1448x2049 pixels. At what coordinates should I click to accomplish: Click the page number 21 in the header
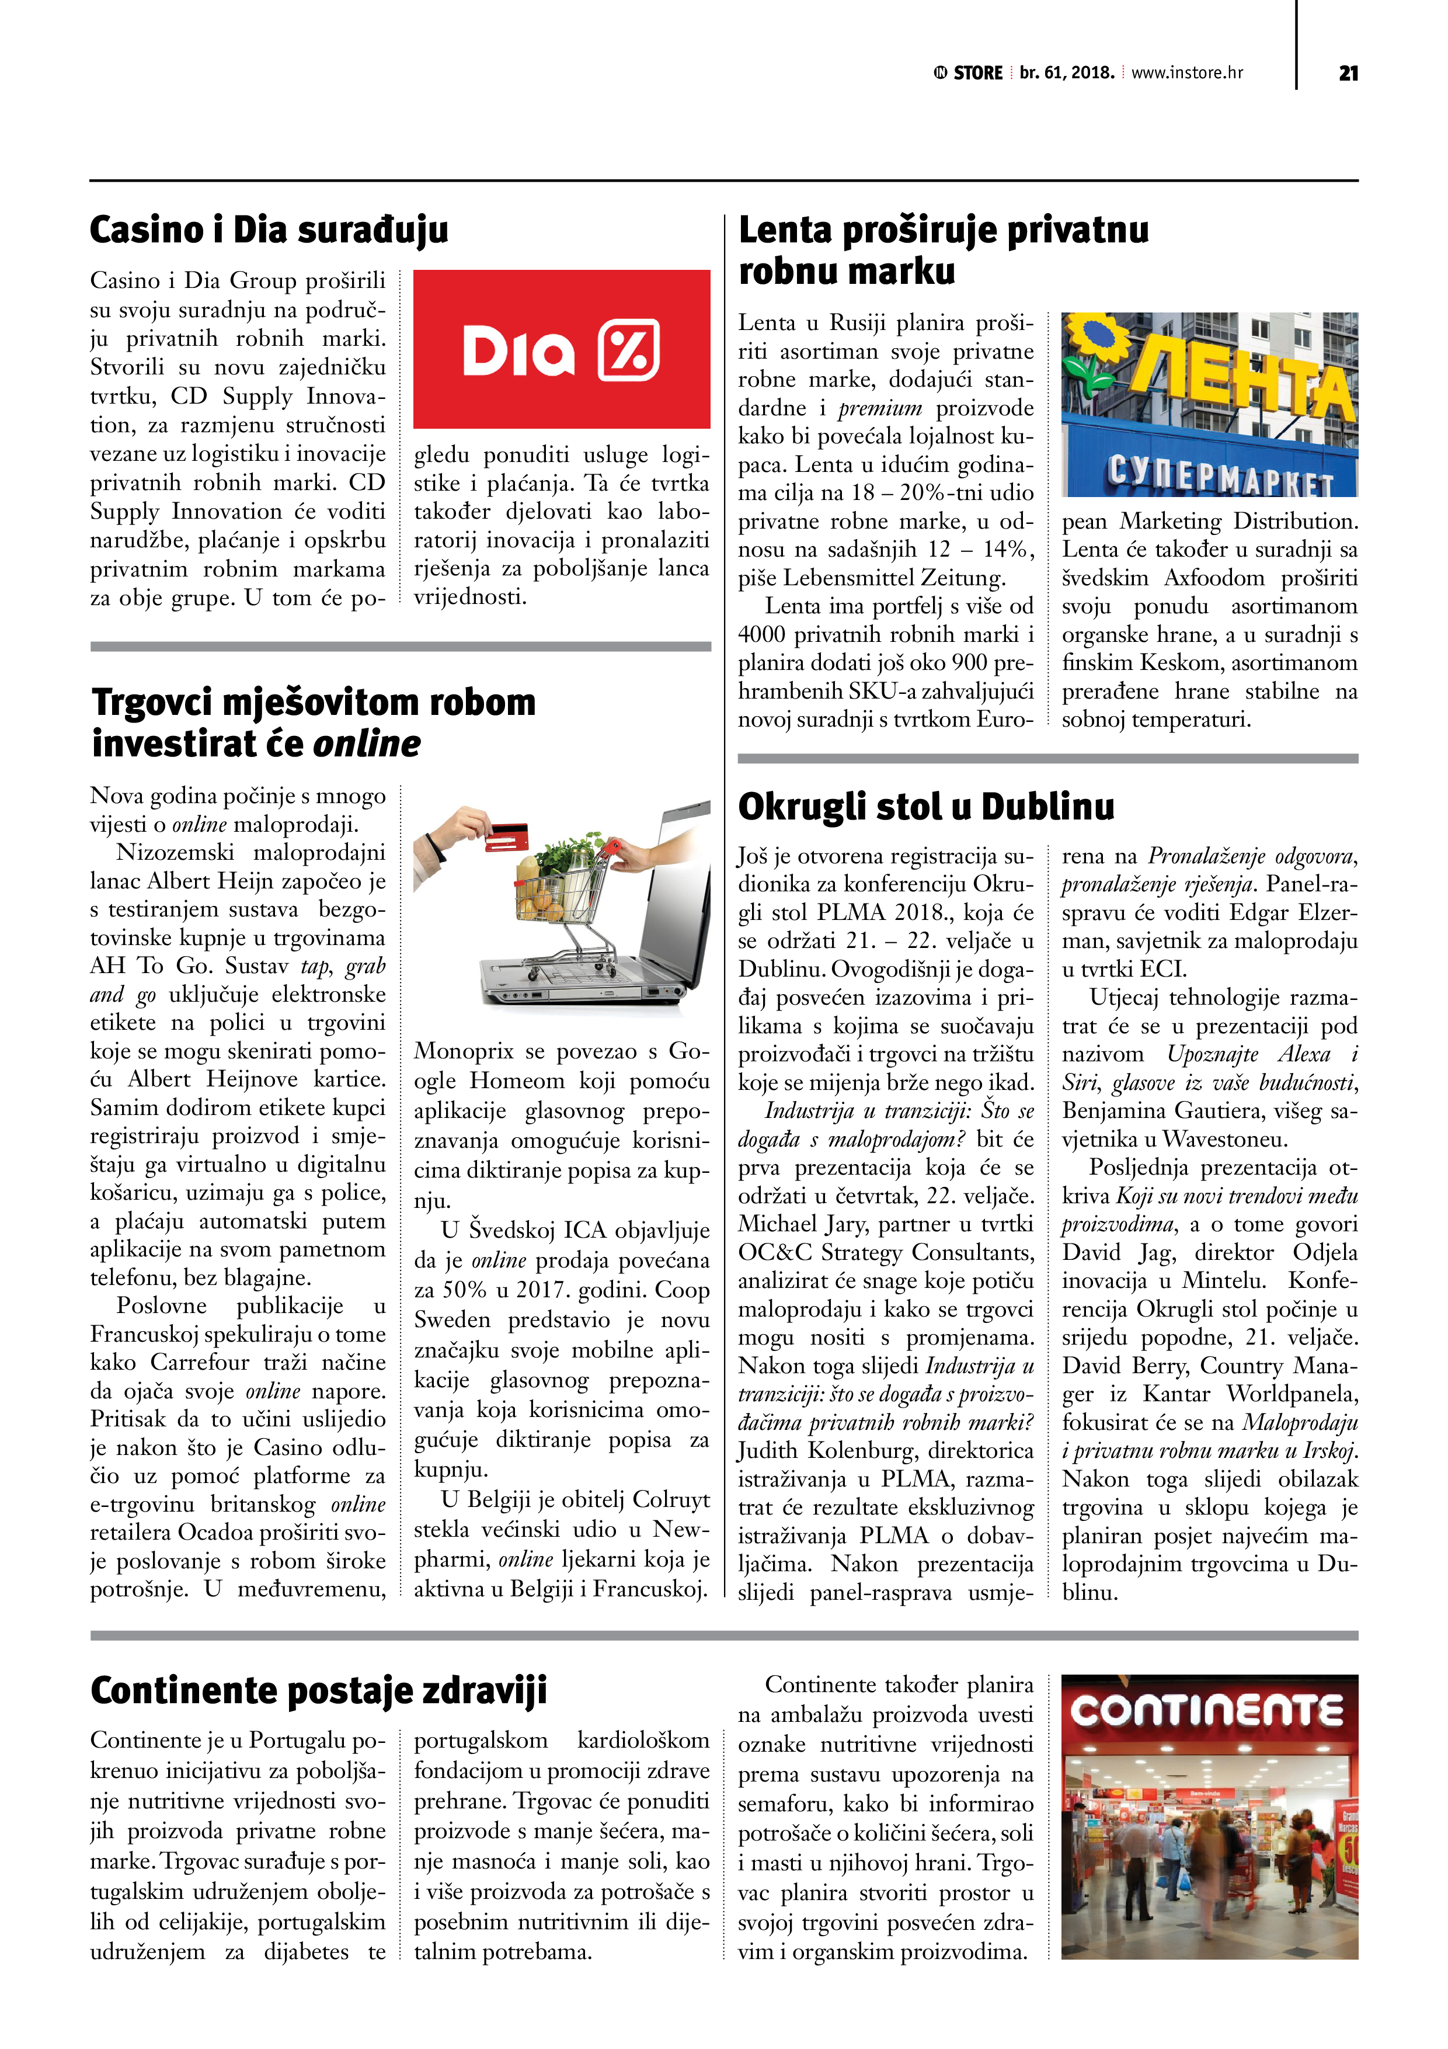[1348, 73]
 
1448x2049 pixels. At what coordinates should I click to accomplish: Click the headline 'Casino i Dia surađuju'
[269, 230]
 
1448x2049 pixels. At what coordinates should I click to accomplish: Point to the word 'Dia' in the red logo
[518, 350]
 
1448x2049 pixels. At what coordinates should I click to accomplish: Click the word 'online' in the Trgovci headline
[367, 744]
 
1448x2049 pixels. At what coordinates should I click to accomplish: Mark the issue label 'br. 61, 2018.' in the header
[1066, 73]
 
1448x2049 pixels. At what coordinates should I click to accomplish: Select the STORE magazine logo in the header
[969, 73]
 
